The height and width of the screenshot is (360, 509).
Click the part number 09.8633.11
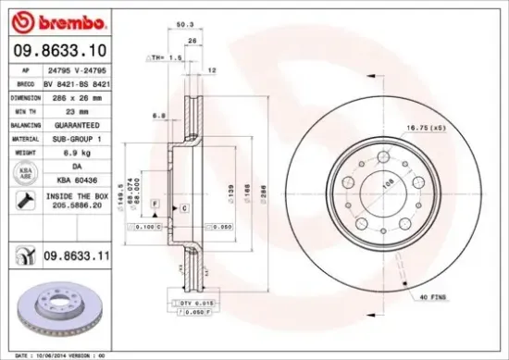point(80,252)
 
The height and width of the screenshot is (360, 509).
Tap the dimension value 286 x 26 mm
point(78,95)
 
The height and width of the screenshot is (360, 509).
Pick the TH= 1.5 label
point(162,56)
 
